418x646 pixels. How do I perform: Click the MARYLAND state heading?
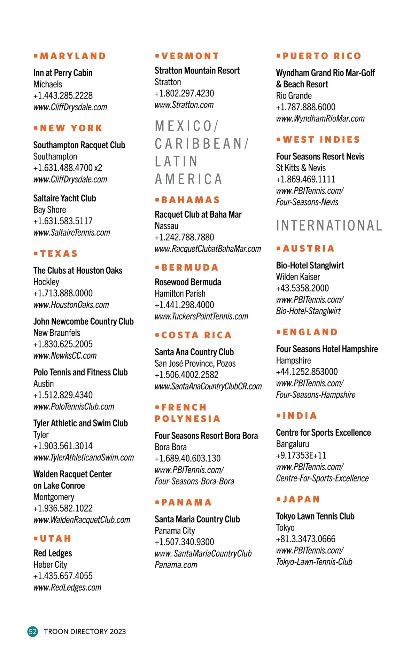point(73,56)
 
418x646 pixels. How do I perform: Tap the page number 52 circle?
point(33,631)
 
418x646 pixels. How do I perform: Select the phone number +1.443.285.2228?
point(63,96)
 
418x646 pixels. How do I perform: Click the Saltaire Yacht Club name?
point(64,199)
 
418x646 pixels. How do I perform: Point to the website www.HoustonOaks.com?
point(71,305)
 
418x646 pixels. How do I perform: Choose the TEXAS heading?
point(59,254)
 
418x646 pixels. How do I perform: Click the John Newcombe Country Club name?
point(83,321)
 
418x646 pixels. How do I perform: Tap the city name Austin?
point(44,384)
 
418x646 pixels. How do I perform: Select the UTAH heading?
point(55,539)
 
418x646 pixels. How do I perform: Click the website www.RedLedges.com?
point(67,587)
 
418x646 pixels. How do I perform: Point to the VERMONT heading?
point(190,56)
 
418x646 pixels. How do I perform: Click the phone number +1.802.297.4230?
point(184,94)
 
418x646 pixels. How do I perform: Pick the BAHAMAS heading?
point(191,200)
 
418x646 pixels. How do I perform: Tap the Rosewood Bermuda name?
point(188,282)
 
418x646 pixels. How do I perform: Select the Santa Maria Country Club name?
point(197,519)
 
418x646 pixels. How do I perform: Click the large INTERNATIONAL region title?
point(329,226)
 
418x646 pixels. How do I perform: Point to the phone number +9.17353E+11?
point(301,456)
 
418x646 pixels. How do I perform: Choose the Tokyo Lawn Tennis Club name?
point(315,516)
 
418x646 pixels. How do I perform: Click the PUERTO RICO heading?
point(322,56)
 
